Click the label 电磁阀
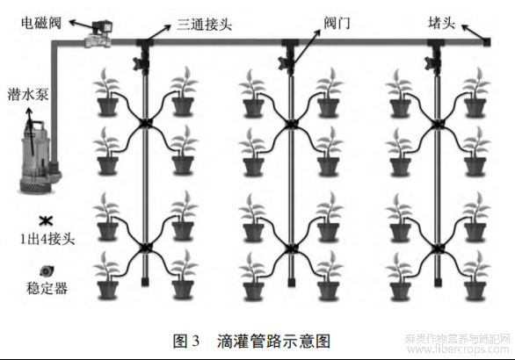(41, 23)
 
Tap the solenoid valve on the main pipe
(98, 34)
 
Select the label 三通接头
(204, 25)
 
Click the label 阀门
(337, 23)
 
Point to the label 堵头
(441, 23)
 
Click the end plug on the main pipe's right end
(486, 41)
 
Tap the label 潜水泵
(28, 95)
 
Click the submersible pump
(40, 157)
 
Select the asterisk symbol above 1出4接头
(46, 221)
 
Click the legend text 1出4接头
(47, 239)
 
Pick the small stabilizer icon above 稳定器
(47, 271)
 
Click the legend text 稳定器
(47, 288)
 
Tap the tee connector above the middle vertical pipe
(290, 44)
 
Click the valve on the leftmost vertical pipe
(142, 61)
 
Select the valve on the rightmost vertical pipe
(433, 61)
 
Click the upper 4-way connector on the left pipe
(144, 124)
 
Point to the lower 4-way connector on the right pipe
(437, 248)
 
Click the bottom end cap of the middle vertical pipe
(291, 282)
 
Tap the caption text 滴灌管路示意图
(273, 342)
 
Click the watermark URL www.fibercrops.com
(459, 349)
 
